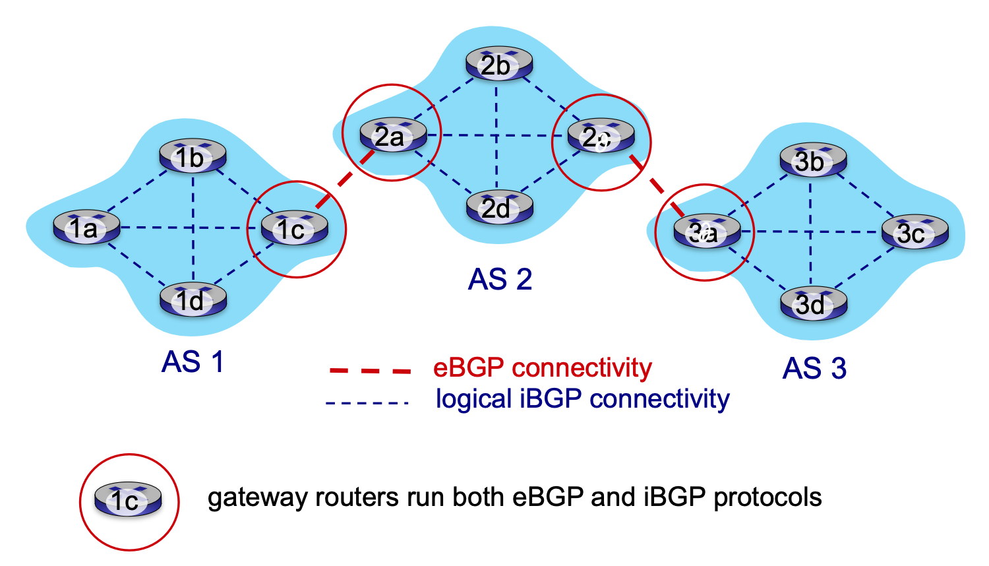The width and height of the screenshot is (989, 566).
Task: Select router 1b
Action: pyautogui.click(x=193, y=157)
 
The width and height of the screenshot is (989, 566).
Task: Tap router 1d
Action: pyautogui.click(x=193, y=300)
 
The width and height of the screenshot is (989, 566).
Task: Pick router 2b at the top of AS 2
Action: pyautogui.click(x=498, y=65)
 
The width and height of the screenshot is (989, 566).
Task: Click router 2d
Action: pyautogui.click(x=498, y=208)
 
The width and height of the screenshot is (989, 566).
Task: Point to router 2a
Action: pyautogui.click(x=392, y=136)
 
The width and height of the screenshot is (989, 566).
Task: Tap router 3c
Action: pyautogui.click(x=915, y=232)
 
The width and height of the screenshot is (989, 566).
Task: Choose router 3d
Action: pyautogui.click(x=813, y=304)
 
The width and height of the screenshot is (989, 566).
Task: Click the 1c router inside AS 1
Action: pyautogui.click(x=294, y=228)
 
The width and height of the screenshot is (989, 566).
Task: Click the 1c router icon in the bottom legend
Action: pyautogui.click(x=128, y=500)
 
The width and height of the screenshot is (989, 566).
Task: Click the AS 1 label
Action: pyautogui.click(x=193, y=362)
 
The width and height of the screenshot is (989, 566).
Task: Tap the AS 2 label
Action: pyautogui.click(x=500, y=280)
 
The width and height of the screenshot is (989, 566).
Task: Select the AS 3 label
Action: pyautogui.click(x=814, y=368)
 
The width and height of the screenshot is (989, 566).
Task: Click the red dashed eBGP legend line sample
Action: pyautogui.click(x=370, y=370)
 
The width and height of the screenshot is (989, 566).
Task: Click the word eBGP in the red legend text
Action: pyautogui.click(x=469, y=368)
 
